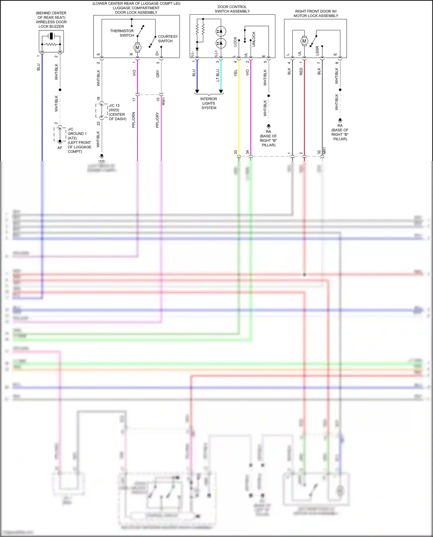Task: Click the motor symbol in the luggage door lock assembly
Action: tap(137, 48)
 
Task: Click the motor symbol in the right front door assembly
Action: tap(304, 41)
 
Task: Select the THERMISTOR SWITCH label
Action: tap(122, 33)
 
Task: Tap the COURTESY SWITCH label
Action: tap(168, 39)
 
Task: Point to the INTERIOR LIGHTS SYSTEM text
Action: tap(209, 103)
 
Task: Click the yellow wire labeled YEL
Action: tap(239, 110)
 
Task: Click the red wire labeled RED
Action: tap(304, 110)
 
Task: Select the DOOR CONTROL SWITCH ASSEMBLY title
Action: tap(232, 9)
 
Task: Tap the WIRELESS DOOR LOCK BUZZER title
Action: tap(51, 20)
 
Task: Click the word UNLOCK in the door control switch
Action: tap(254, 39)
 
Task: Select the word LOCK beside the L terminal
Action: tap(235, 42)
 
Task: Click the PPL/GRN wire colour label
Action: tap(134, 120)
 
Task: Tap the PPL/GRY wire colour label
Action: tap(157, 120)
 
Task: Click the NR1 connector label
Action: tap(324, 150)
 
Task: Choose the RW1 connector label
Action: tap(164, 101)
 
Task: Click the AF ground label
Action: tap(60, 148)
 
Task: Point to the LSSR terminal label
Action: tap(317, 51)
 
